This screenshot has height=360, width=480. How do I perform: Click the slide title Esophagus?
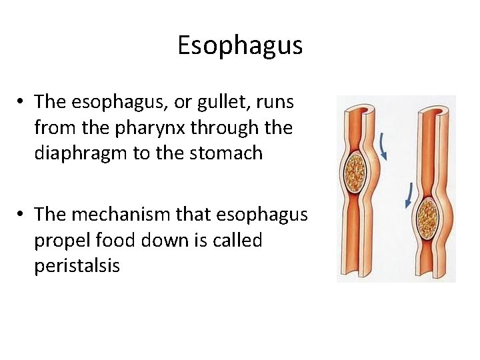tap(240, 46)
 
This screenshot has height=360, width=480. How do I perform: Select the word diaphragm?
tap(81, 153)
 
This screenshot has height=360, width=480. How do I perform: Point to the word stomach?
tap(227, 153)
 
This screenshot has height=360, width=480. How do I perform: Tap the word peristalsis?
tap(77, 266)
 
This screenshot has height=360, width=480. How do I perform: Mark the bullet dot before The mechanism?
tap(22, 215)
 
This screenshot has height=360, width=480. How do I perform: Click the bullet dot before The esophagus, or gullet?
tap(22, 102)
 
